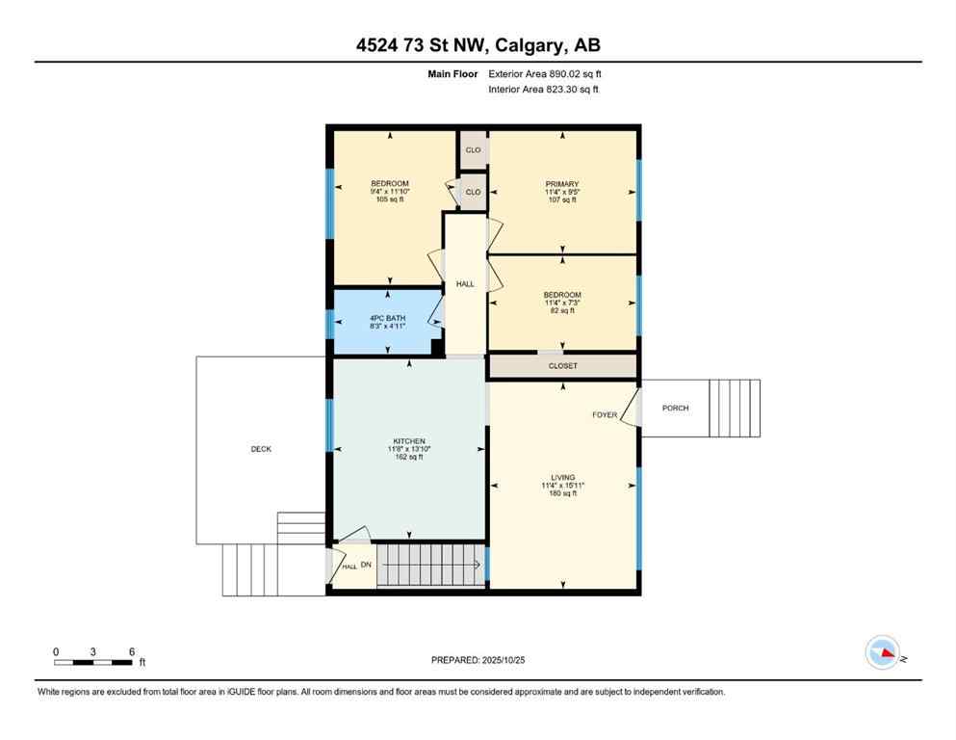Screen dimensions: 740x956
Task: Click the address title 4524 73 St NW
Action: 478,45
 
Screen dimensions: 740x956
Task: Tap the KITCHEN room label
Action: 405,440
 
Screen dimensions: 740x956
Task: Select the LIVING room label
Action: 562,477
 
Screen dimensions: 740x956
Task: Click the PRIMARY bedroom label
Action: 562,183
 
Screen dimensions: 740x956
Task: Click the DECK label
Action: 261,448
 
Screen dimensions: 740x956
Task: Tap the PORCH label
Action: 675,408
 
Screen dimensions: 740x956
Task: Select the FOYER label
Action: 604,414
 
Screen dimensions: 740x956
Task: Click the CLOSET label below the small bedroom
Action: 562,366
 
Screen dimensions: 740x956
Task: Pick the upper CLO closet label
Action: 473,150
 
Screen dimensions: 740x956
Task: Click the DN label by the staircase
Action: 366,564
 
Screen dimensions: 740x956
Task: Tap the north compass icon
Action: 883,653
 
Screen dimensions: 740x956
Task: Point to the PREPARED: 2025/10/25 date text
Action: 478,660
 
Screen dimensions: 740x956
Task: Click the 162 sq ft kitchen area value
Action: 405,457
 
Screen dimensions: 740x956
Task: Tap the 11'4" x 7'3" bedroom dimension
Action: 562,303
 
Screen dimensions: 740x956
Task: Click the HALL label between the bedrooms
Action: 465,283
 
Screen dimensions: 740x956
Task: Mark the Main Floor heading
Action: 452,73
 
